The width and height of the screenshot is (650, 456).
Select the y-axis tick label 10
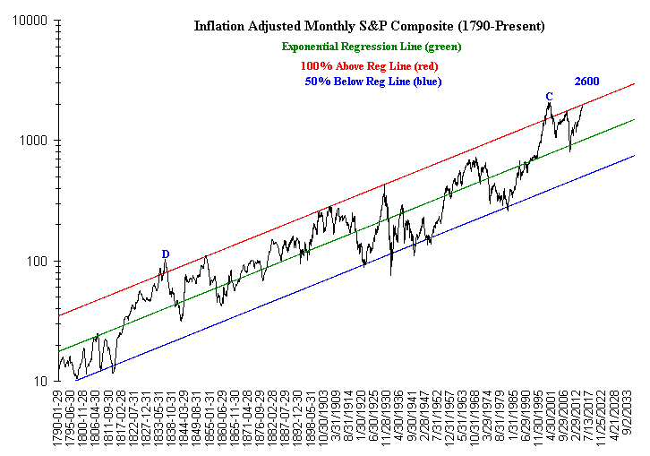38,382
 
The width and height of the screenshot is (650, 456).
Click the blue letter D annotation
166,254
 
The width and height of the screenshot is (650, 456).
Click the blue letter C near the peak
549,96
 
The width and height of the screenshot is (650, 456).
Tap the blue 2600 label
586,82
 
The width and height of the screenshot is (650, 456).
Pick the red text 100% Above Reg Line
369,65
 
